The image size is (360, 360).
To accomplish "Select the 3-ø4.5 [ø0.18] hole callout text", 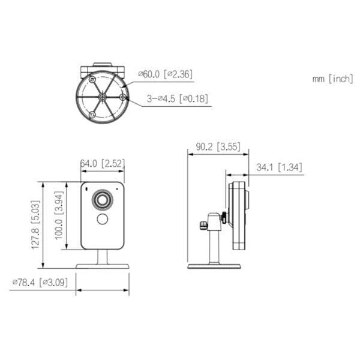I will (x=176, y=98).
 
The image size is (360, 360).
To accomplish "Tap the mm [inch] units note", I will (x=332, y=79).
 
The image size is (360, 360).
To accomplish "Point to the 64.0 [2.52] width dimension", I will (x=103, y=163).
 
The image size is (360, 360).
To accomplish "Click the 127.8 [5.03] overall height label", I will (x=36, y=226).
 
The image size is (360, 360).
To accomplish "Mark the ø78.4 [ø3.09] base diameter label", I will (x=41, y=282).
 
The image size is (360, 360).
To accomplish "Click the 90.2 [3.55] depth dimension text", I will (x=219, y=146).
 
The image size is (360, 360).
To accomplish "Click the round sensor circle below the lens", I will (x=103, y=219).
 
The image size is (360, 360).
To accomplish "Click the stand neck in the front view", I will (x=103, y=256).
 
